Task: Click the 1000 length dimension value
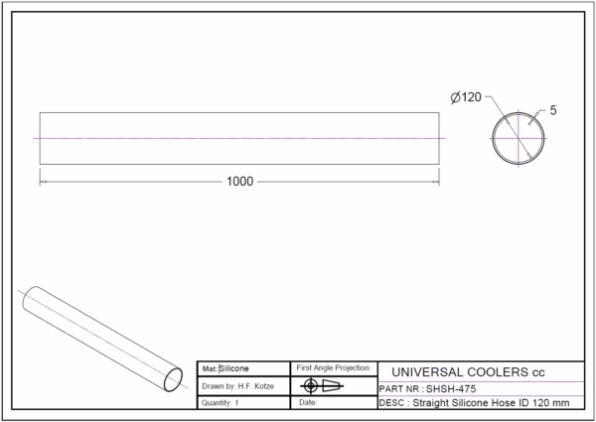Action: coord(239,182)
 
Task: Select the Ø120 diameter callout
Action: coord(466,97)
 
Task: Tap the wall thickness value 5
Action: coord(553,110)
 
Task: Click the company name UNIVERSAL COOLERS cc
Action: coord(468,372)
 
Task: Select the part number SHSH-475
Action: coord(451,389)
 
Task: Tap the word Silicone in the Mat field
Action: coord(233,368)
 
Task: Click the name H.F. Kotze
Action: coord(256,386)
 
